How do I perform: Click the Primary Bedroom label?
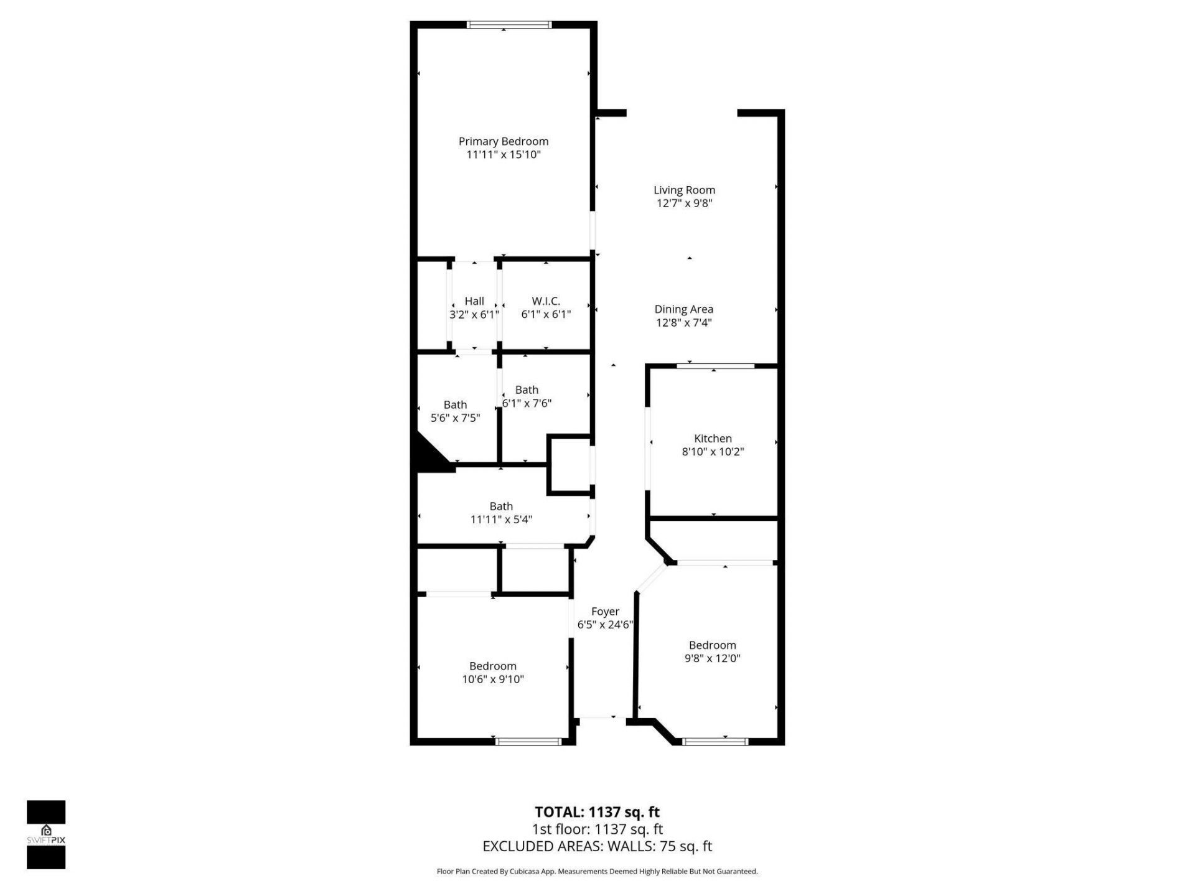[x=503, y=141]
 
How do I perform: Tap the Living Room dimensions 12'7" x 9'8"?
[x=684, y=203]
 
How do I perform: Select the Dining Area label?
[x=683, y=309]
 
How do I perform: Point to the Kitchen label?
[x=713, y=439]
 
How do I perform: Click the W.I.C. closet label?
[x=546, y=301]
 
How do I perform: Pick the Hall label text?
[x=474, y=301]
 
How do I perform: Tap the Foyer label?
[x=605, y=612]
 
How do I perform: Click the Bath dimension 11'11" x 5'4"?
[x=501, y=520]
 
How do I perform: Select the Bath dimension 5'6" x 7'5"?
[x=455, y=418]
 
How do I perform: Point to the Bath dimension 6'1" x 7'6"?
[x=527, y=403]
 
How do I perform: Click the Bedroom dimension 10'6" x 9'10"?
[x=492, y=679]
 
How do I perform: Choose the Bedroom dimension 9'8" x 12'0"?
[x=712, y=658]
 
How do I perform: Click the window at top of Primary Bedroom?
[x=509, y=25]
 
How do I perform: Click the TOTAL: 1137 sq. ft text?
[x=597, y=812]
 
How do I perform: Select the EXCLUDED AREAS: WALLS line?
[x=597, y=846]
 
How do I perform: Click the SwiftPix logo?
[x=46, y=834]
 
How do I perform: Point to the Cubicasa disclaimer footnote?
[x=597, y=872]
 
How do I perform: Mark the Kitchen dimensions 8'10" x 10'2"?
[x=713, y=452]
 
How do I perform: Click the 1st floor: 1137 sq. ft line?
[x=597, y=829]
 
